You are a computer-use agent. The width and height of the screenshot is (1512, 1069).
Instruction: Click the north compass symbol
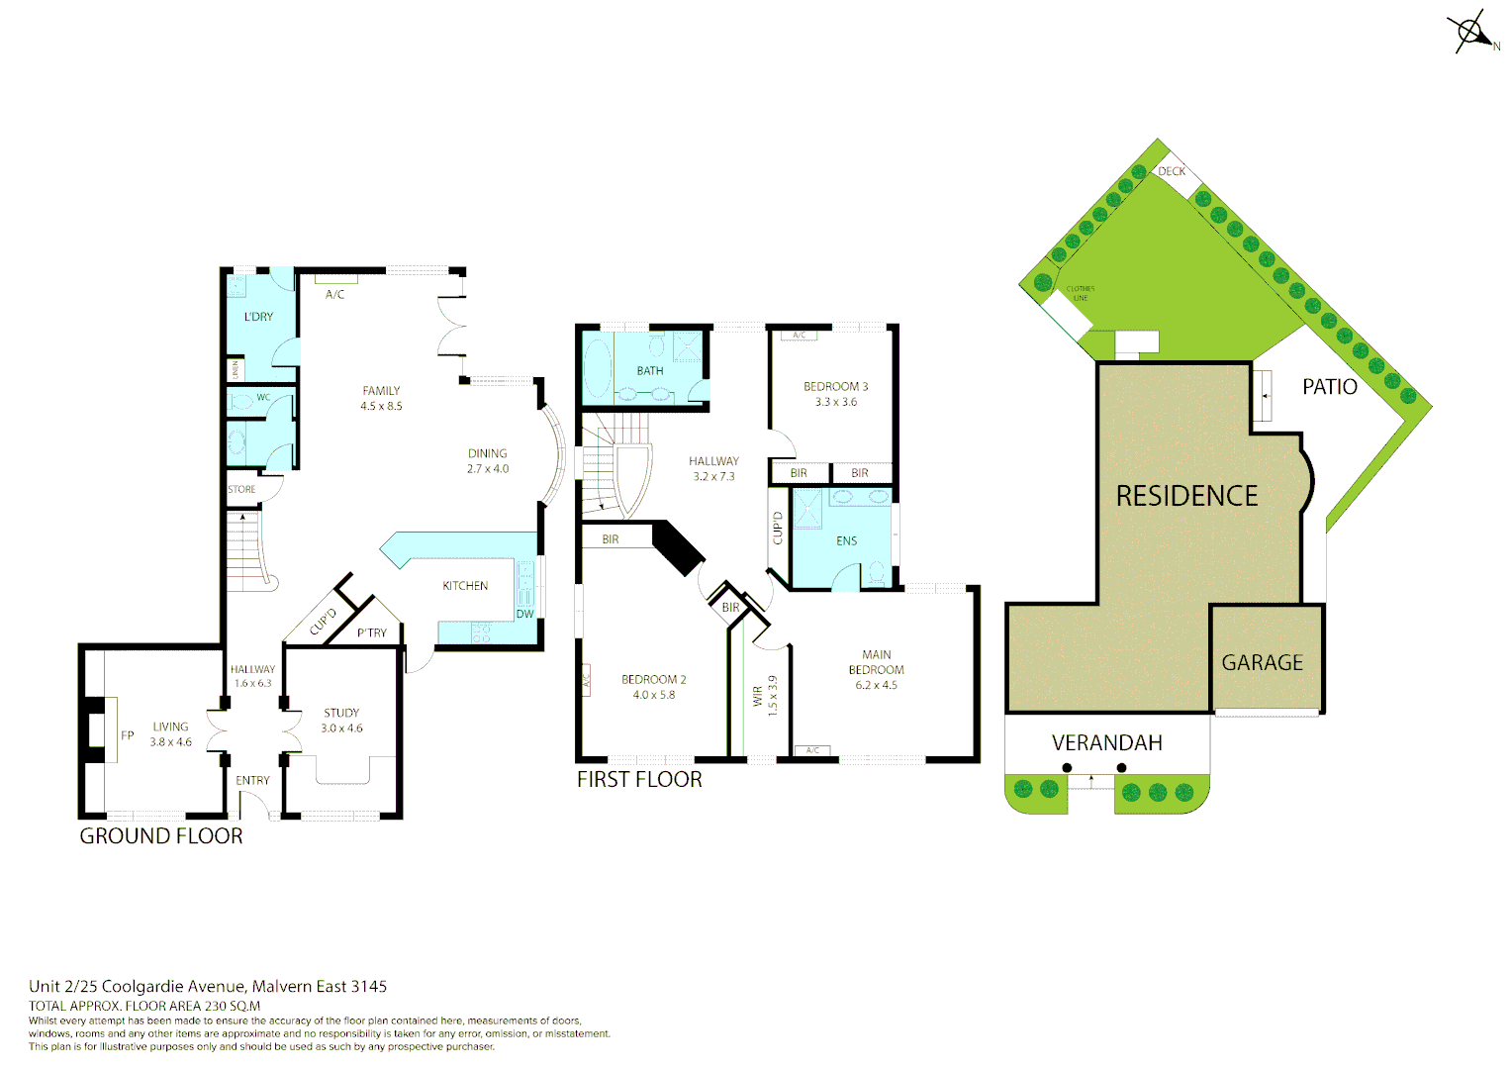[1471, 32]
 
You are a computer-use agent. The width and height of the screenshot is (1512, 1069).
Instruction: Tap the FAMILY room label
[381, 391]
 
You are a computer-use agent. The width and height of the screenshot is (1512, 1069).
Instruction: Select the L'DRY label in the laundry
[258, 317]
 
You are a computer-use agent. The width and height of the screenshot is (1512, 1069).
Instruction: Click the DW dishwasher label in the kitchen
[524, 615]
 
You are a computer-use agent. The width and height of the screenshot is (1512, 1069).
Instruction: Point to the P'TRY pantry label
[372, 633]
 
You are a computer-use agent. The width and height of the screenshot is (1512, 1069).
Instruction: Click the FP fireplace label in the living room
[127, 735]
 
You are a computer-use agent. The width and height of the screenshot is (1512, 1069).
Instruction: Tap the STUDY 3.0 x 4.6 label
[341, 721]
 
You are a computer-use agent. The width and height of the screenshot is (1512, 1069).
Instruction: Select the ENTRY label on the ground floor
[252, 781]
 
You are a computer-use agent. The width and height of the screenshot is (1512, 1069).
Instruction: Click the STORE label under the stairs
[241, 490]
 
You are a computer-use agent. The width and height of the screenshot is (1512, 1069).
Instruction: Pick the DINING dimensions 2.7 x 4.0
[488, 469]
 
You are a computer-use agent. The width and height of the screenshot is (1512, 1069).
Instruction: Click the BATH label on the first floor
[650, 371]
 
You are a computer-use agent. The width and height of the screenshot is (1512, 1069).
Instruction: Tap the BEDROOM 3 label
[835, 387]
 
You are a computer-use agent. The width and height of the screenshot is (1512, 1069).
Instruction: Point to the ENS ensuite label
[847, 541]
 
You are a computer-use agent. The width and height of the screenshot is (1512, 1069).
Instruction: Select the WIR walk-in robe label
[758, 696]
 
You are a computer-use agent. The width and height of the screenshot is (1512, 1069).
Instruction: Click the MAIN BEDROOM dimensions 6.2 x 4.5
[876, 685]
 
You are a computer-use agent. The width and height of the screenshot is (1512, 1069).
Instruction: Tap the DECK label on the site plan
[1172, 171]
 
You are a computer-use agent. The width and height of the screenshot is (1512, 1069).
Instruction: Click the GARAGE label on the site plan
[1262, 663]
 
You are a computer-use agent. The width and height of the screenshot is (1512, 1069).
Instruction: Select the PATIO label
[1329, 387]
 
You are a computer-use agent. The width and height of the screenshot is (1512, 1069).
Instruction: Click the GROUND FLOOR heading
[161, 836]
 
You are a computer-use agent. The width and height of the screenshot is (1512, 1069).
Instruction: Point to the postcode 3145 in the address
[369, 987]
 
